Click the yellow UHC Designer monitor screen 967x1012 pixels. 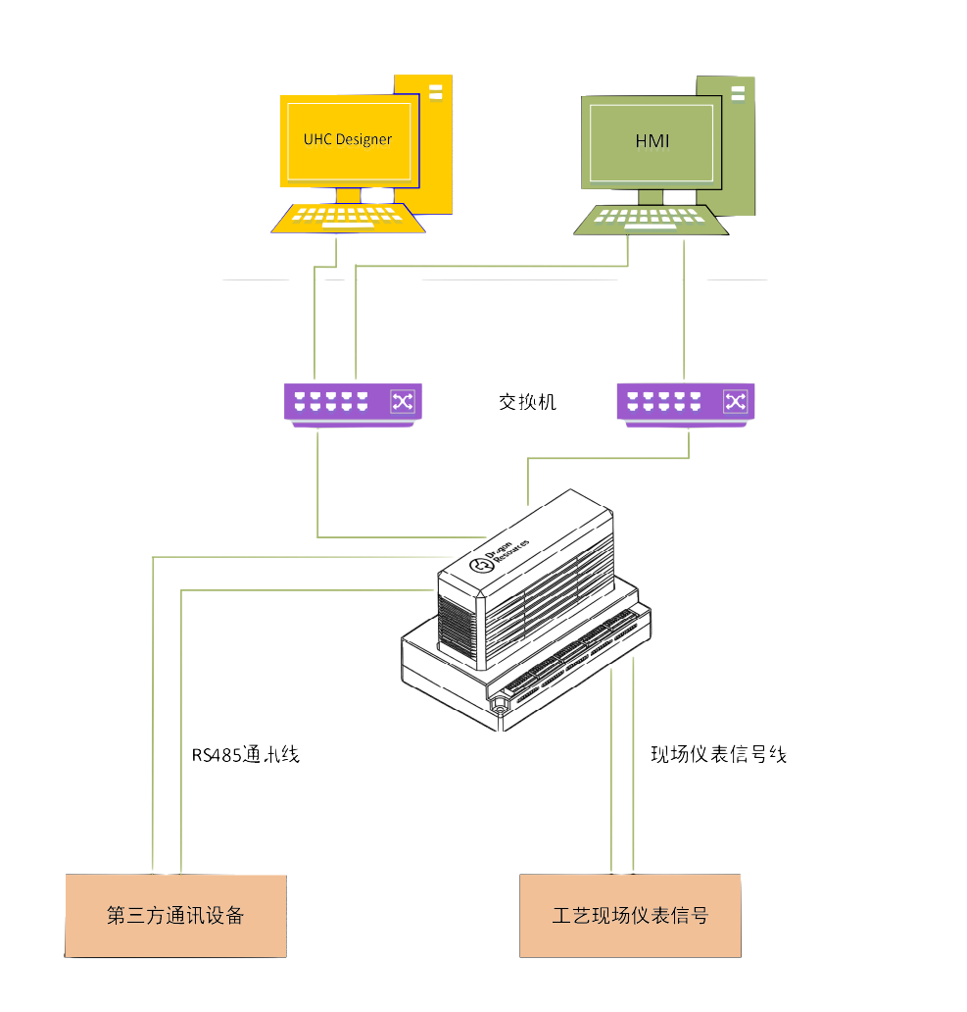pos(348,139)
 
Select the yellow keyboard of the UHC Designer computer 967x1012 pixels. pos(348,219)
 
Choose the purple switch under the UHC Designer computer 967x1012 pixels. pos(353,402)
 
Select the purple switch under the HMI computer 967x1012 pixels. pos(686,402)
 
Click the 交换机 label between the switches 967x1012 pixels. pos(527,401)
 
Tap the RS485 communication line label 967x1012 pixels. pos(246,755)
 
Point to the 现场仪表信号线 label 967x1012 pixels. pos(719,755)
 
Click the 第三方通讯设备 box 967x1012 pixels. pos(175,916)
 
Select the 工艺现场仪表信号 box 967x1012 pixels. pos(630,916)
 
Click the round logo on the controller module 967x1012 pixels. pos(481,566)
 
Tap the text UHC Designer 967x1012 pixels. pos(348,139)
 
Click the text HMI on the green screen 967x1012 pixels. pos(652,141)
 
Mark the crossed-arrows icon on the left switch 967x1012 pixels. pos(404,400)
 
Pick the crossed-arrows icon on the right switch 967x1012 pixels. pos(736,401)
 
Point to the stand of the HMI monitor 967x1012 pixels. pos(651,197)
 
